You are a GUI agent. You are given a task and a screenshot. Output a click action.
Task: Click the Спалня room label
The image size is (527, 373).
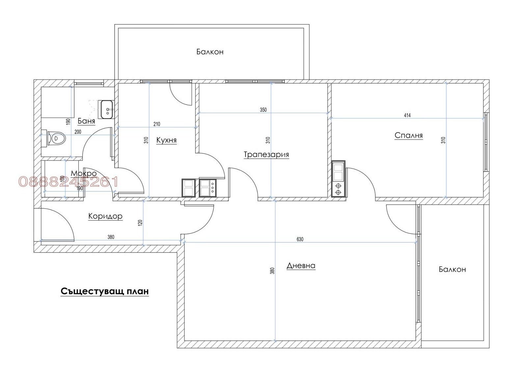click(408, 135)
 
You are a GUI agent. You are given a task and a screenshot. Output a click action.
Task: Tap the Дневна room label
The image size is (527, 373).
click(301, 265)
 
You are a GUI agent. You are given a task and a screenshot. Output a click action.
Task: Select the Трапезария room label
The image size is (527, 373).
click(266, 154)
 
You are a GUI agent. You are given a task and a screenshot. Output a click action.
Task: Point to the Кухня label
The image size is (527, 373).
click(166, 140)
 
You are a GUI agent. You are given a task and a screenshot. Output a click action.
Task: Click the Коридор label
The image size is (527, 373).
click(105, 216)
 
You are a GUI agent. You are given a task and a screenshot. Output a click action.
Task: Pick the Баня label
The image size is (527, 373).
click(86, 121)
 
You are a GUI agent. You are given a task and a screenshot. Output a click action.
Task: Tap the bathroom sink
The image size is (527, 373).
click(107, 109)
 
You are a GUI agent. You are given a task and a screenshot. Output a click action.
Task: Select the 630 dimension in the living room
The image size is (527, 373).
click(300, 239)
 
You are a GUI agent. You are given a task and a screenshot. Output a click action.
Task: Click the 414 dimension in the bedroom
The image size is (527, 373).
click(407, 115)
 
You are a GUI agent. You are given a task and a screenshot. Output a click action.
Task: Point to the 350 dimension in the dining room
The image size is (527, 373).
click(263, 110)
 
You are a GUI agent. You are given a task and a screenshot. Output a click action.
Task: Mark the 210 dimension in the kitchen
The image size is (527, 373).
click(157, 124)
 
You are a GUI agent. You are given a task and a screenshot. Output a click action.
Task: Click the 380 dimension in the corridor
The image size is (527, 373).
click(111, 237)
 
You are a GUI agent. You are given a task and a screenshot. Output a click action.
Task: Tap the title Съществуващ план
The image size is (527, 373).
click(104, 292)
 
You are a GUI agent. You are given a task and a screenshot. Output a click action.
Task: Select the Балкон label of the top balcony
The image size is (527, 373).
click(210, 52)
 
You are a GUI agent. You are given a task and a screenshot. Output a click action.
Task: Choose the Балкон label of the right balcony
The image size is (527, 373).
click(452, 269)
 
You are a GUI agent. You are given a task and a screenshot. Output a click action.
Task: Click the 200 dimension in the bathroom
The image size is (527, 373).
click(78, 132)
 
